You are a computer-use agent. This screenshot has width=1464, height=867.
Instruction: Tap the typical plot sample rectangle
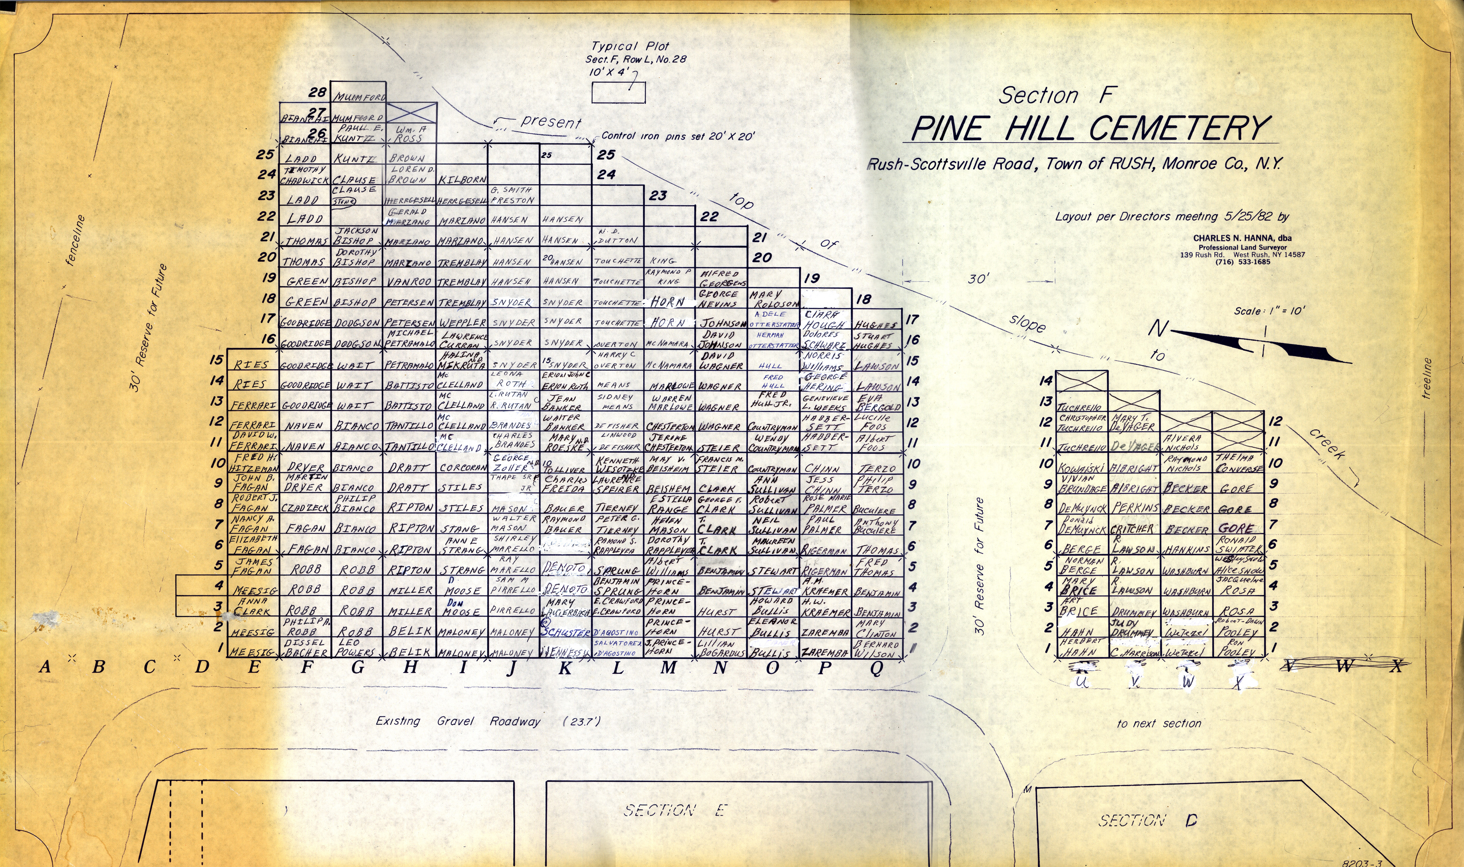618,92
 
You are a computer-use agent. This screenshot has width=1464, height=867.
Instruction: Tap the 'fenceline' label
76,241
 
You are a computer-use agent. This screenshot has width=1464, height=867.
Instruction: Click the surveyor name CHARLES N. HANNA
1241,238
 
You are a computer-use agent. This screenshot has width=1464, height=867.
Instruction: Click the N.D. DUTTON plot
617,235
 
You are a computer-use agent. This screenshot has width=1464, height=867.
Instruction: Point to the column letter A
44,667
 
